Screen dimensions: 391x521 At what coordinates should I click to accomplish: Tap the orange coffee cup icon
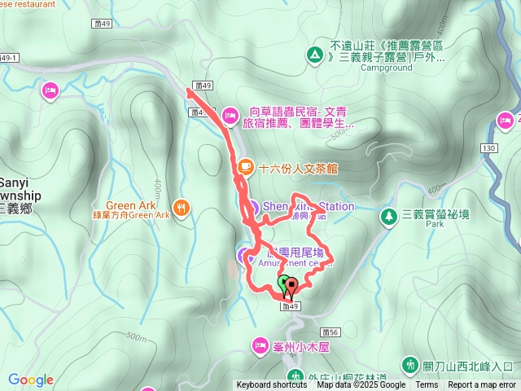[x=244, y=167]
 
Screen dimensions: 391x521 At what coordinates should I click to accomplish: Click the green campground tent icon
[x=314, y=55]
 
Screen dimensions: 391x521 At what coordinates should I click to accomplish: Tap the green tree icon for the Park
[x=387, y=215]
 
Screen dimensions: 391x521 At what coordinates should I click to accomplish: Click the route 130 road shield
[x=488, y=148]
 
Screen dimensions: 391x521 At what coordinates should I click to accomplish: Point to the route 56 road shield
[x=330, y=332]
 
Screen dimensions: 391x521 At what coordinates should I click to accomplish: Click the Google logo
[x=31, y=380]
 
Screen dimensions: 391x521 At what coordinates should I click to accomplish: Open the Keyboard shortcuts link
[x=272, y=385]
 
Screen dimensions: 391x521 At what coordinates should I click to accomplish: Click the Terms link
[x=427, y=385]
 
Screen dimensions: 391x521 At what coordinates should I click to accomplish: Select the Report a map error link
[x=482, y=385]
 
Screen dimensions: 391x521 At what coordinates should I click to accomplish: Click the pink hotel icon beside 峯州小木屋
[x=260, y=345]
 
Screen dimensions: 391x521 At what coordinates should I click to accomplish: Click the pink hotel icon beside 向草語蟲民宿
[x=230, y=114]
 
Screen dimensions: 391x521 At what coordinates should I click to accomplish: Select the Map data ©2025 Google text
[x=361, y=385]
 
